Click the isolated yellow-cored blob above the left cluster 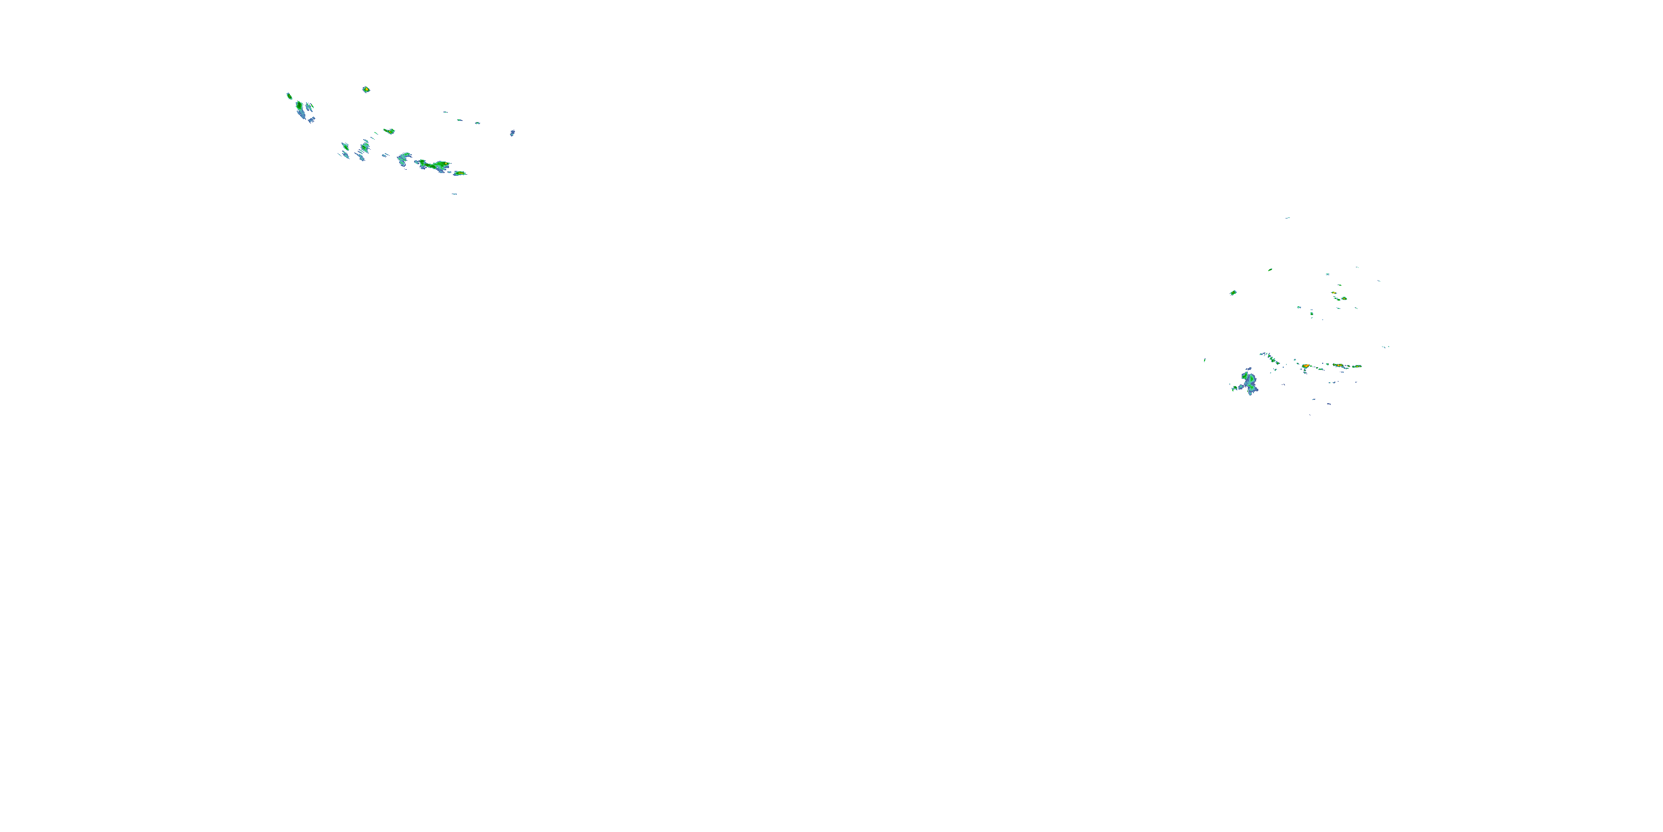coord(366,89)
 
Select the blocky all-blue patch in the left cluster coord(311,119)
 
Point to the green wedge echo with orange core coord(389,131)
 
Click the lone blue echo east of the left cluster coord(512,133)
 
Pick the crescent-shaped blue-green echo coord(404,158)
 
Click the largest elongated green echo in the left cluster coord(435,165)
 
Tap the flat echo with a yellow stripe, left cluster coord(460,173)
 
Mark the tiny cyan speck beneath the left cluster coord(455,194)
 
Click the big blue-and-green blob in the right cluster coord(1249,382)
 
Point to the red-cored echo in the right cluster coord(1305,366)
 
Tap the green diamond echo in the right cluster coord(1233,293)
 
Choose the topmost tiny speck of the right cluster coord(1287,217)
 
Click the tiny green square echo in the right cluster coord(1311,314)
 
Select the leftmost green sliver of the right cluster coord(1205,361)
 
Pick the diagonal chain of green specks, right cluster coord(1270,357)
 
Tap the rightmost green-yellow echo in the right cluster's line coord(1356,366)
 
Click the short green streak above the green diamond coord(1270,270)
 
